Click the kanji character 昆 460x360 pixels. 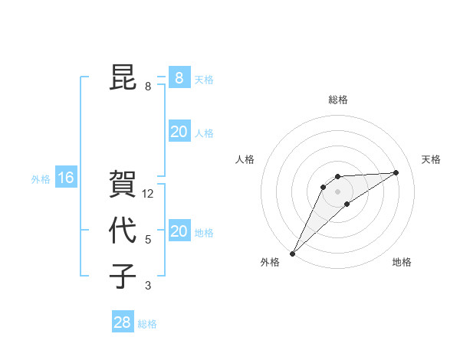[x=123, y=77]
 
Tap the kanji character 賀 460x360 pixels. [x=123, y=185]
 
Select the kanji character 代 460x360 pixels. [x=123, y=231]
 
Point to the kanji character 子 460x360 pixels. [x=123, y=277]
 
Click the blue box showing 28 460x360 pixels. [x=122, y=322]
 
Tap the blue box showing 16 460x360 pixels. [x=66, y=178]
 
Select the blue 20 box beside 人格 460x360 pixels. [x=179, y=132]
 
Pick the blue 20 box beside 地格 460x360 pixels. [x=179, y=231]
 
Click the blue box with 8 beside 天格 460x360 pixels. [x=179, y=77]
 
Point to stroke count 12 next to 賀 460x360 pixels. [x=148, y=194]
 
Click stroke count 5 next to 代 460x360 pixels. [x=148, y=240]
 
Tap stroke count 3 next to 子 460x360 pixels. [x=148, y=286]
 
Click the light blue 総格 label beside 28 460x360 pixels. [x=147, y=324]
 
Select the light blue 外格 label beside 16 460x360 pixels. [x=41, y=179]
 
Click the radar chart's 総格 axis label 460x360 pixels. [x=337, y=100]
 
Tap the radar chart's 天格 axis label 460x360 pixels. [x=431, y=159]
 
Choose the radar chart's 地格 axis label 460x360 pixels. [x=402, y=262]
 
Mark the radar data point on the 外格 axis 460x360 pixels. [x=292, y=253]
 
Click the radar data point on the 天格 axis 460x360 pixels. [x=396, y=172]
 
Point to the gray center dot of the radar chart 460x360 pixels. [x=337, y=191]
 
